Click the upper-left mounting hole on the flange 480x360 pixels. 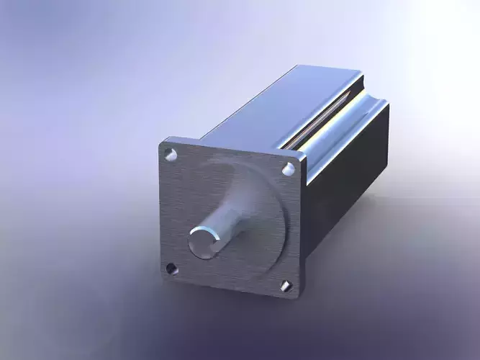tap(171, 153)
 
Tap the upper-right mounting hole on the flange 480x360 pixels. tap(289, 169)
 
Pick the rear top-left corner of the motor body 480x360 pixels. tap(296, 68)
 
